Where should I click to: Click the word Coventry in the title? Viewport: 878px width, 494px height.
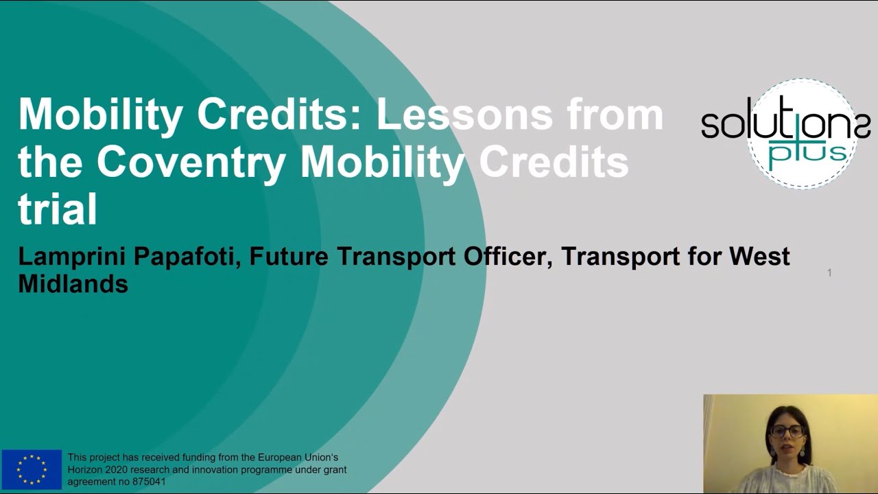[191, 163]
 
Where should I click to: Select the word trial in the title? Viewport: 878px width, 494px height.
[58, 209]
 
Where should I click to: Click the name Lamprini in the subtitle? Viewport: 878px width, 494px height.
[72, 257]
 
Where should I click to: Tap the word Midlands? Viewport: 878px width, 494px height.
[73, 283]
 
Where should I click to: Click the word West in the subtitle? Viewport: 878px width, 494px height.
[759, 257]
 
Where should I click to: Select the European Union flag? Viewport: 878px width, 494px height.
[32, 469]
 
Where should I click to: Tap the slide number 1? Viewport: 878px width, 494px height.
[829, 273]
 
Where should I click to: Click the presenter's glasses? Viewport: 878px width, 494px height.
[787, 432]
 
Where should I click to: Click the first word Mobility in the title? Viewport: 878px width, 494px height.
[101, 115]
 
